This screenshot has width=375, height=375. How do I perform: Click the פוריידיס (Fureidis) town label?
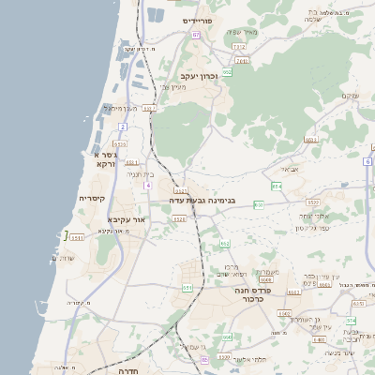point(199,20)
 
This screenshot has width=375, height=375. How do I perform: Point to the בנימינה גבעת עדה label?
point(213,200)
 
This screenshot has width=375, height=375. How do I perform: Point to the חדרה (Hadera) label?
point(128,371)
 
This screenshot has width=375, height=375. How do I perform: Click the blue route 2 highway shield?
point(122,126)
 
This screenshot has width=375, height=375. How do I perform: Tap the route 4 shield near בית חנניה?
point(148,186)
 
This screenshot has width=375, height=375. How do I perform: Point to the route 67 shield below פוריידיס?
point(197,35)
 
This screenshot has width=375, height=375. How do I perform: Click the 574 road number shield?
point(351,321)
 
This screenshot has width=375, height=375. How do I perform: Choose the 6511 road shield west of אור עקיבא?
point(76,237)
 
